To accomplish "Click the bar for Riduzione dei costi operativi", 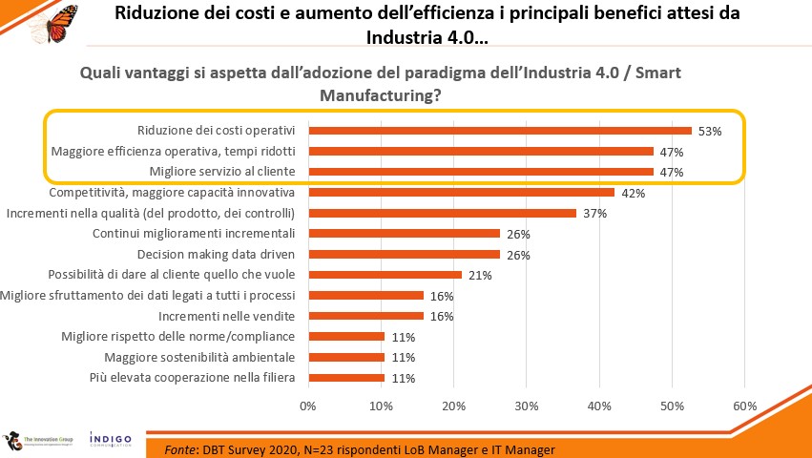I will pos(499,131).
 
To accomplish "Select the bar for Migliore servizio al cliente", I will pos(480,172).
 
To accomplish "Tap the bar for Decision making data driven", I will pos(404,255).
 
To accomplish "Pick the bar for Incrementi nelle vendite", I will pos(365,316).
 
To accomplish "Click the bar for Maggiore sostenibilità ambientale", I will pos(346,358).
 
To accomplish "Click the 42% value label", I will pos(634,193).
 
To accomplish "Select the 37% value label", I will pos(595,214).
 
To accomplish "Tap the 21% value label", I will pos(480,276).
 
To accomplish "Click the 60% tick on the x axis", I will pos(744,406).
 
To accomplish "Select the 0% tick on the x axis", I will pos(308,406).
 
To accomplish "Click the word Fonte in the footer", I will pos(182,449).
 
